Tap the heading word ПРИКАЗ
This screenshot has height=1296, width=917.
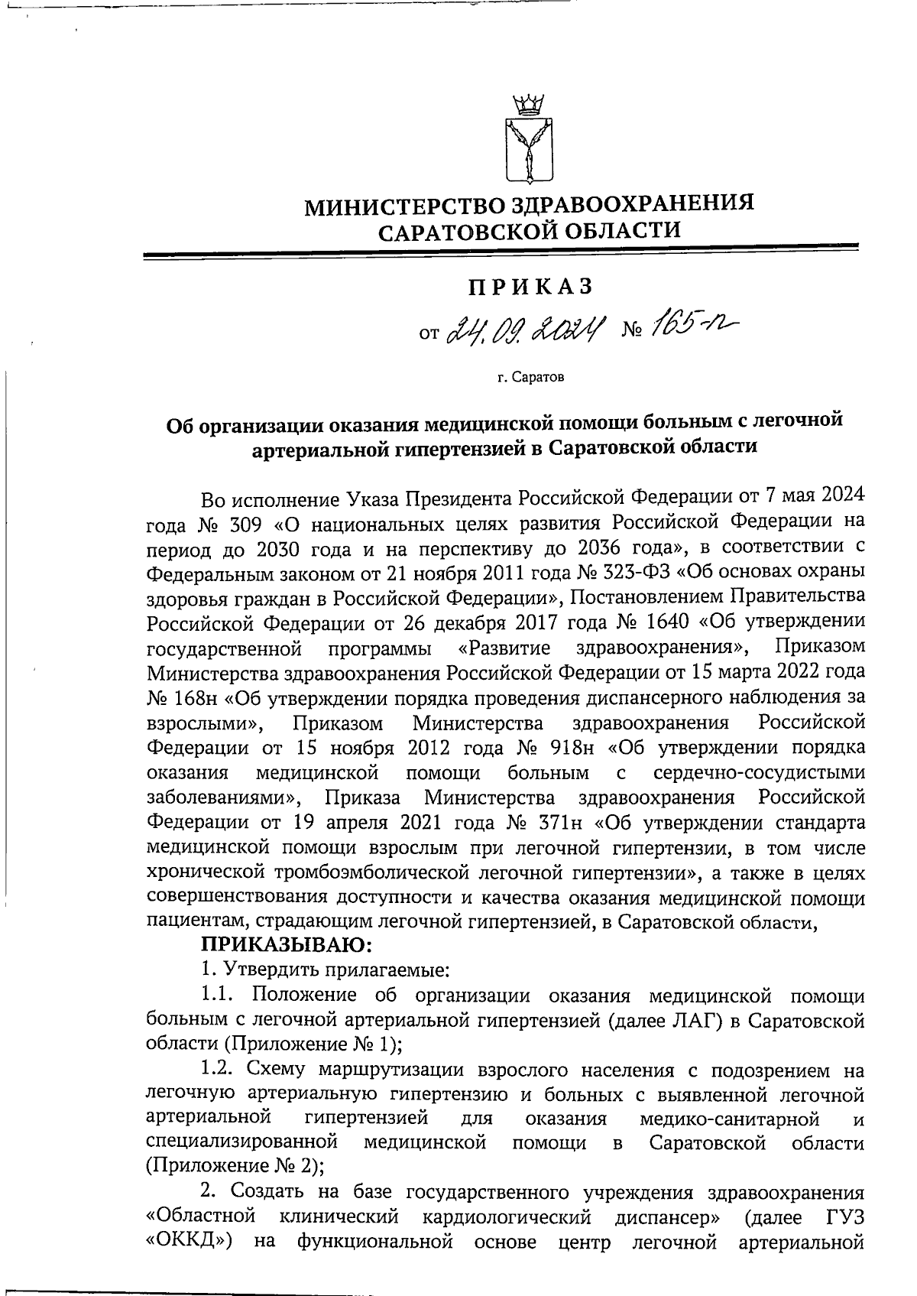pos(530,287)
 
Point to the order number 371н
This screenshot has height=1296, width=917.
pos(556,823)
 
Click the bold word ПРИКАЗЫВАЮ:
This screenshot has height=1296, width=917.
pos(286,946)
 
